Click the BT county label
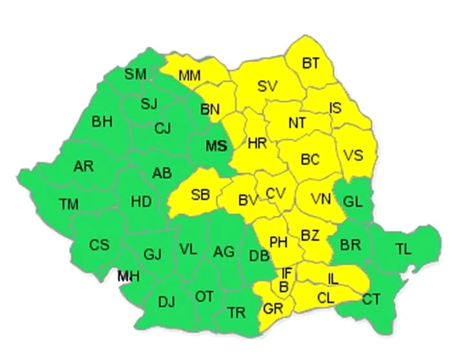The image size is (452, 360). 311,63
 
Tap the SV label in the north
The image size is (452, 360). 267,86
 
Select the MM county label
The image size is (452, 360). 189,75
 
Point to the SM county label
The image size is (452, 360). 136,74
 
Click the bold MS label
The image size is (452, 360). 216,146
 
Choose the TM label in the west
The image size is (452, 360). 68,205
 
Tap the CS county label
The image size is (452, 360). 99,245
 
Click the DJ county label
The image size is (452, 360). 167,301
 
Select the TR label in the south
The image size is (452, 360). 237,313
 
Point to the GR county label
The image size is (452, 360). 273,309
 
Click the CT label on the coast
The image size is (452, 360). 371,299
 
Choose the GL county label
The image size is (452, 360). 353,200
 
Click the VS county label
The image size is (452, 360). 353,155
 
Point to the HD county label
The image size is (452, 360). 141,201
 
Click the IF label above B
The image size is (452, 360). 287,274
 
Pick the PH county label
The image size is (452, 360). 278,243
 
